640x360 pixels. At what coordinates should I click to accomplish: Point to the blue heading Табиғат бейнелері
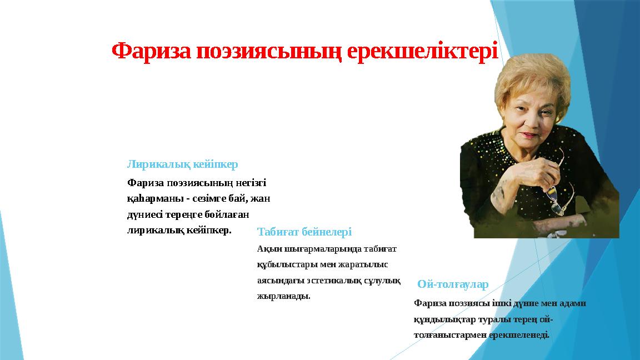304,232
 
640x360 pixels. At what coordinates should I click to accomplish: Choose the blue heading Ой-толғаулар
453,285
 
